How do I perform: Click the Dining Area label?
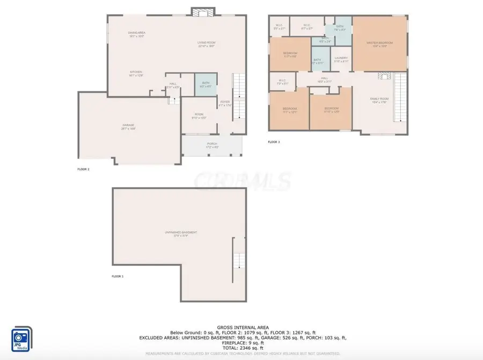tap(137, 34)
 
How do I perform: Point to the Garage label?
tap(128, 127)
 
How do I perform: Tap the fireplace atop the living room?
tap(203, 12)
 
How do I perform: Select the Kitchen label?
tap(135, 74)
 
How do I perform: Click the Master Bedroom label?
tap(380, 44)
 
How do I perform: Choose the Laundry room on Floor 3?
tap(341, 60)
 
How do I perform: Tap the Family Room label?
tap(379, 100)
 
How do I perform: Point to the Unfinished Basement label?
tap(180, 233)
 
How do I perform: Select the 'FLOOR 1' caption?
tap(117, 276)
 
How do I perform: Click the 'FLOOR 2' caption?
tap(83, 169)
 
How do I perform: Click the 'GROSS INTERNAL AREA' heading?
tap(243, 327)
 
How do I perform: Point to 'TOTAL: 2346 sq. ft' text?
tap(243, 348)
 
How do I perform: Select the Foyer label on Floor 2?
tap(225, 103)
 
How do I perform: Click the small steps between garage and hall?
tap(173, 100)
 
